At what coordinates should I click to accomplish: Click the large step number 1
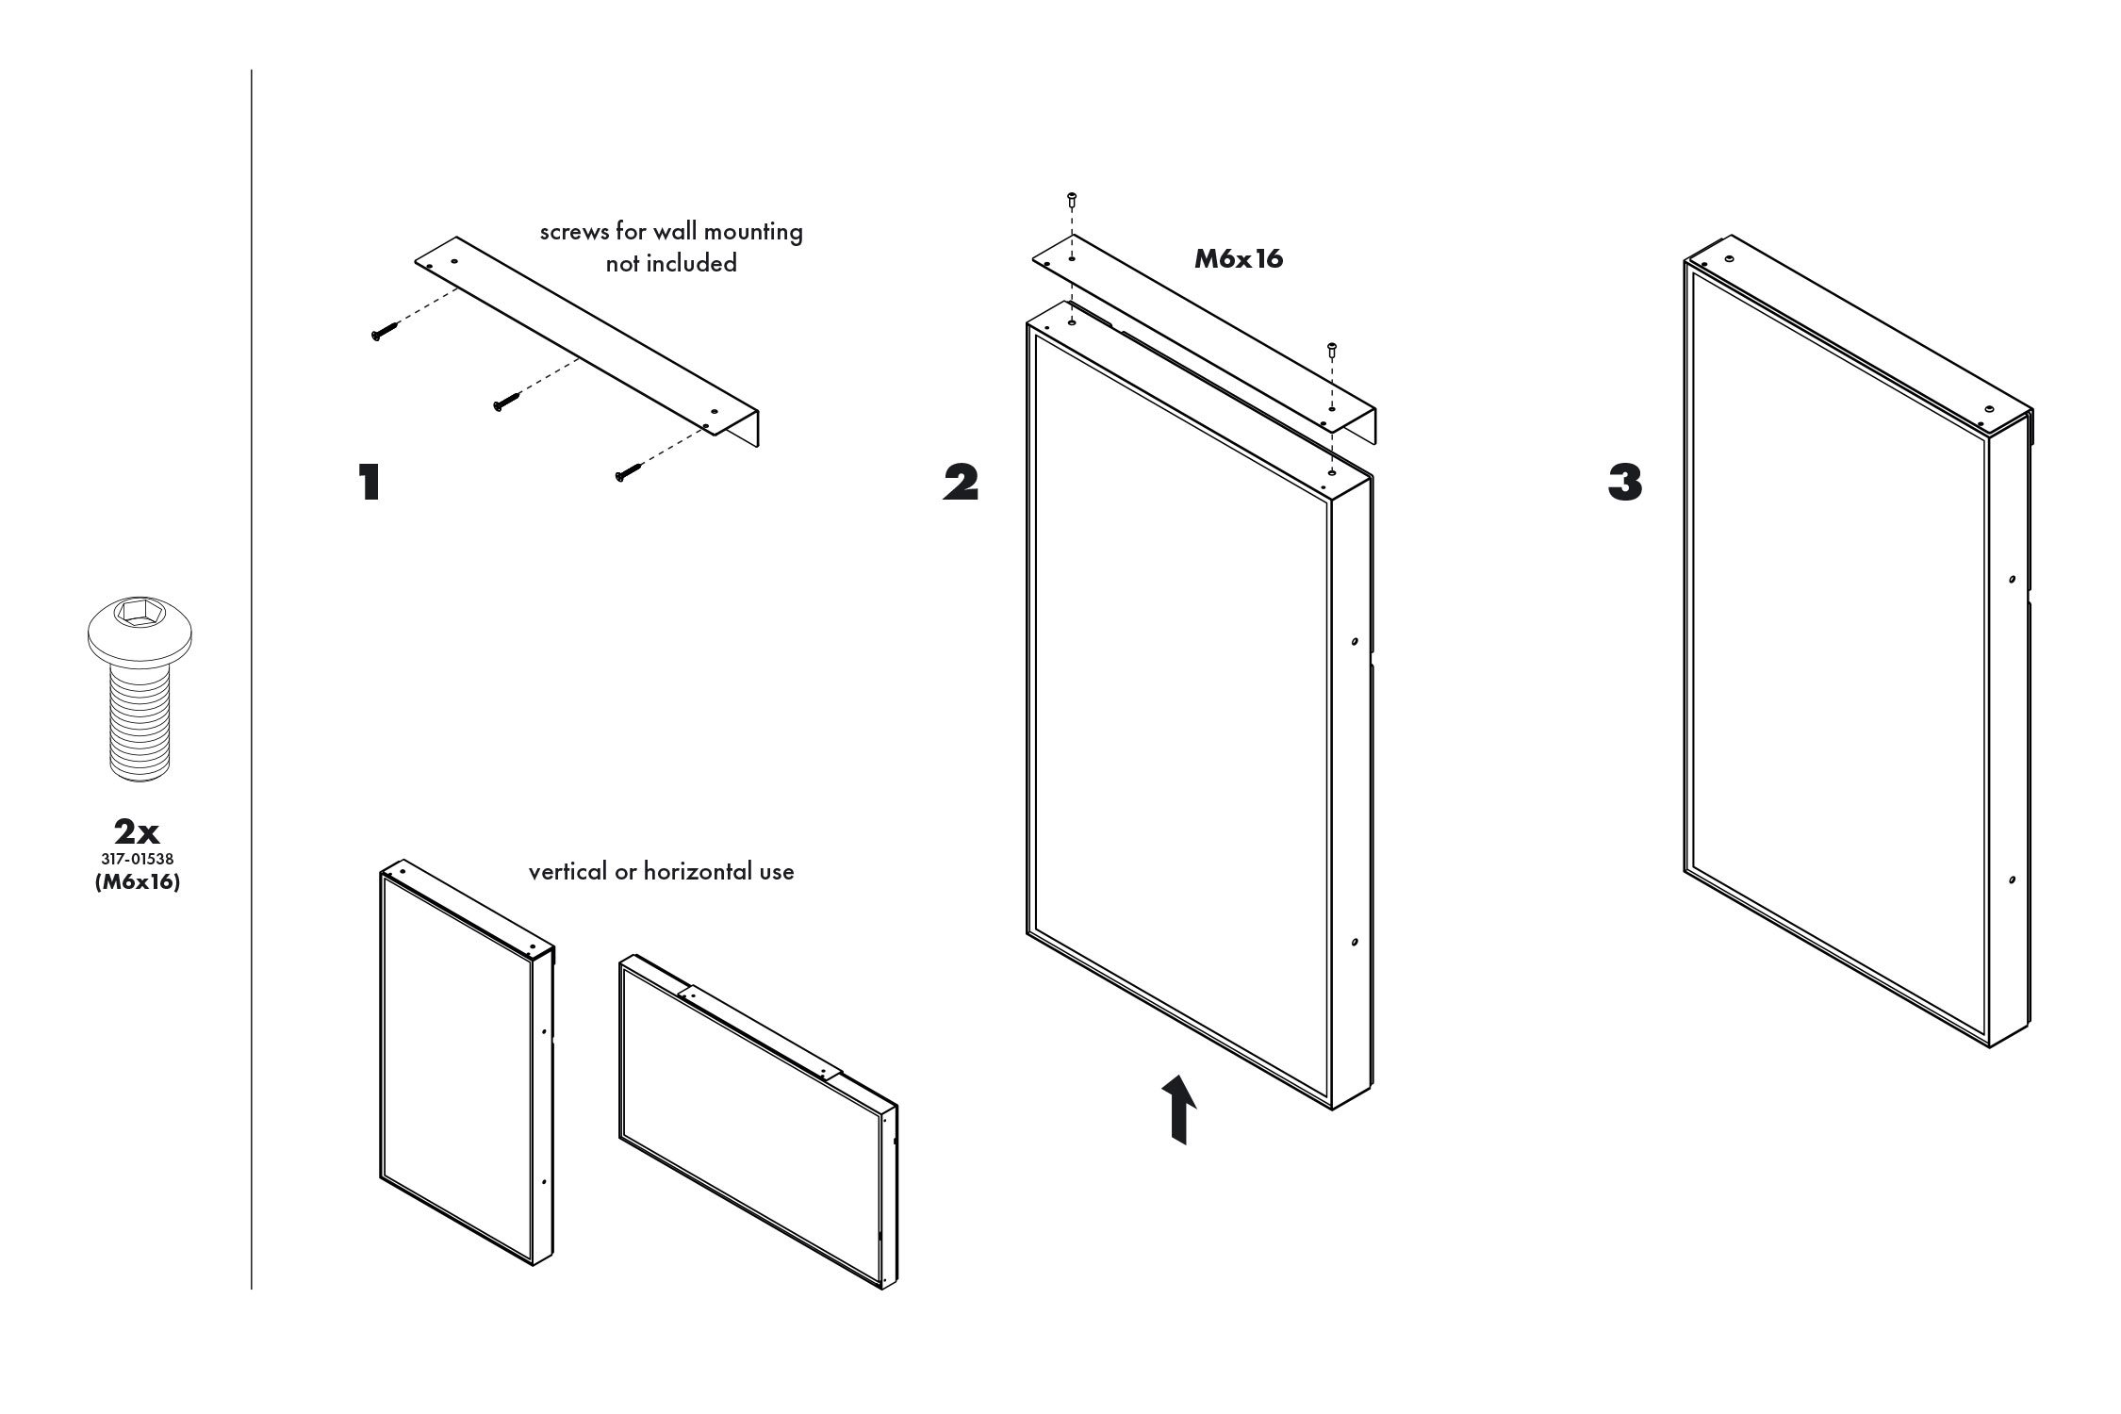click(x=369, y=483)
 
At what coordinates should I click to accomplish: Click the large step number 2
click(x=961, y=483)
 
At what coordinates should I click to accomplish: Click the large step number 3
click(x=1624, y=483)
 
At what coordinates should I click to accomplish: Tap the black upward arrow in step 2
click(x=1178, y=1109)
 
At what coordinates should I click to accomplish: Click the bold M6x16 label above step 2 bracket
click(x=1239, y=259)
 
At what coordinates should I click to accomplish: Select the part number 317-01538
click(x=137, y=860)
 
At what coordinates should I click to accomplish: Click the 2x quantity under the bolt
click(x=137, y=832)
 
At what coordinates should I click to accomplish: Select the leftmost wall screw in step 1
click(x=383, y=332)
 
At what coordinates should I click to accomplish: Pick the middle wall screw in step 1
click(x=504, y=403)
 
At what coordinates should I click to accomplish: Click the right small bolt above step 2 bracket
click(x=1332, y=350)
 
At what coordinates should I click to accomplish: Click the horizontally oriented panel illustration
click(x=757, y=1122)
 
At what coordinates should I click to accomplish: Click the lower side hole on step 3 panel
click(x=2012, y=880)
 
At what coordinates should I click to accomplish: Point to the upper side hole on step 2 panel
click(x=1355, y=641)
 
